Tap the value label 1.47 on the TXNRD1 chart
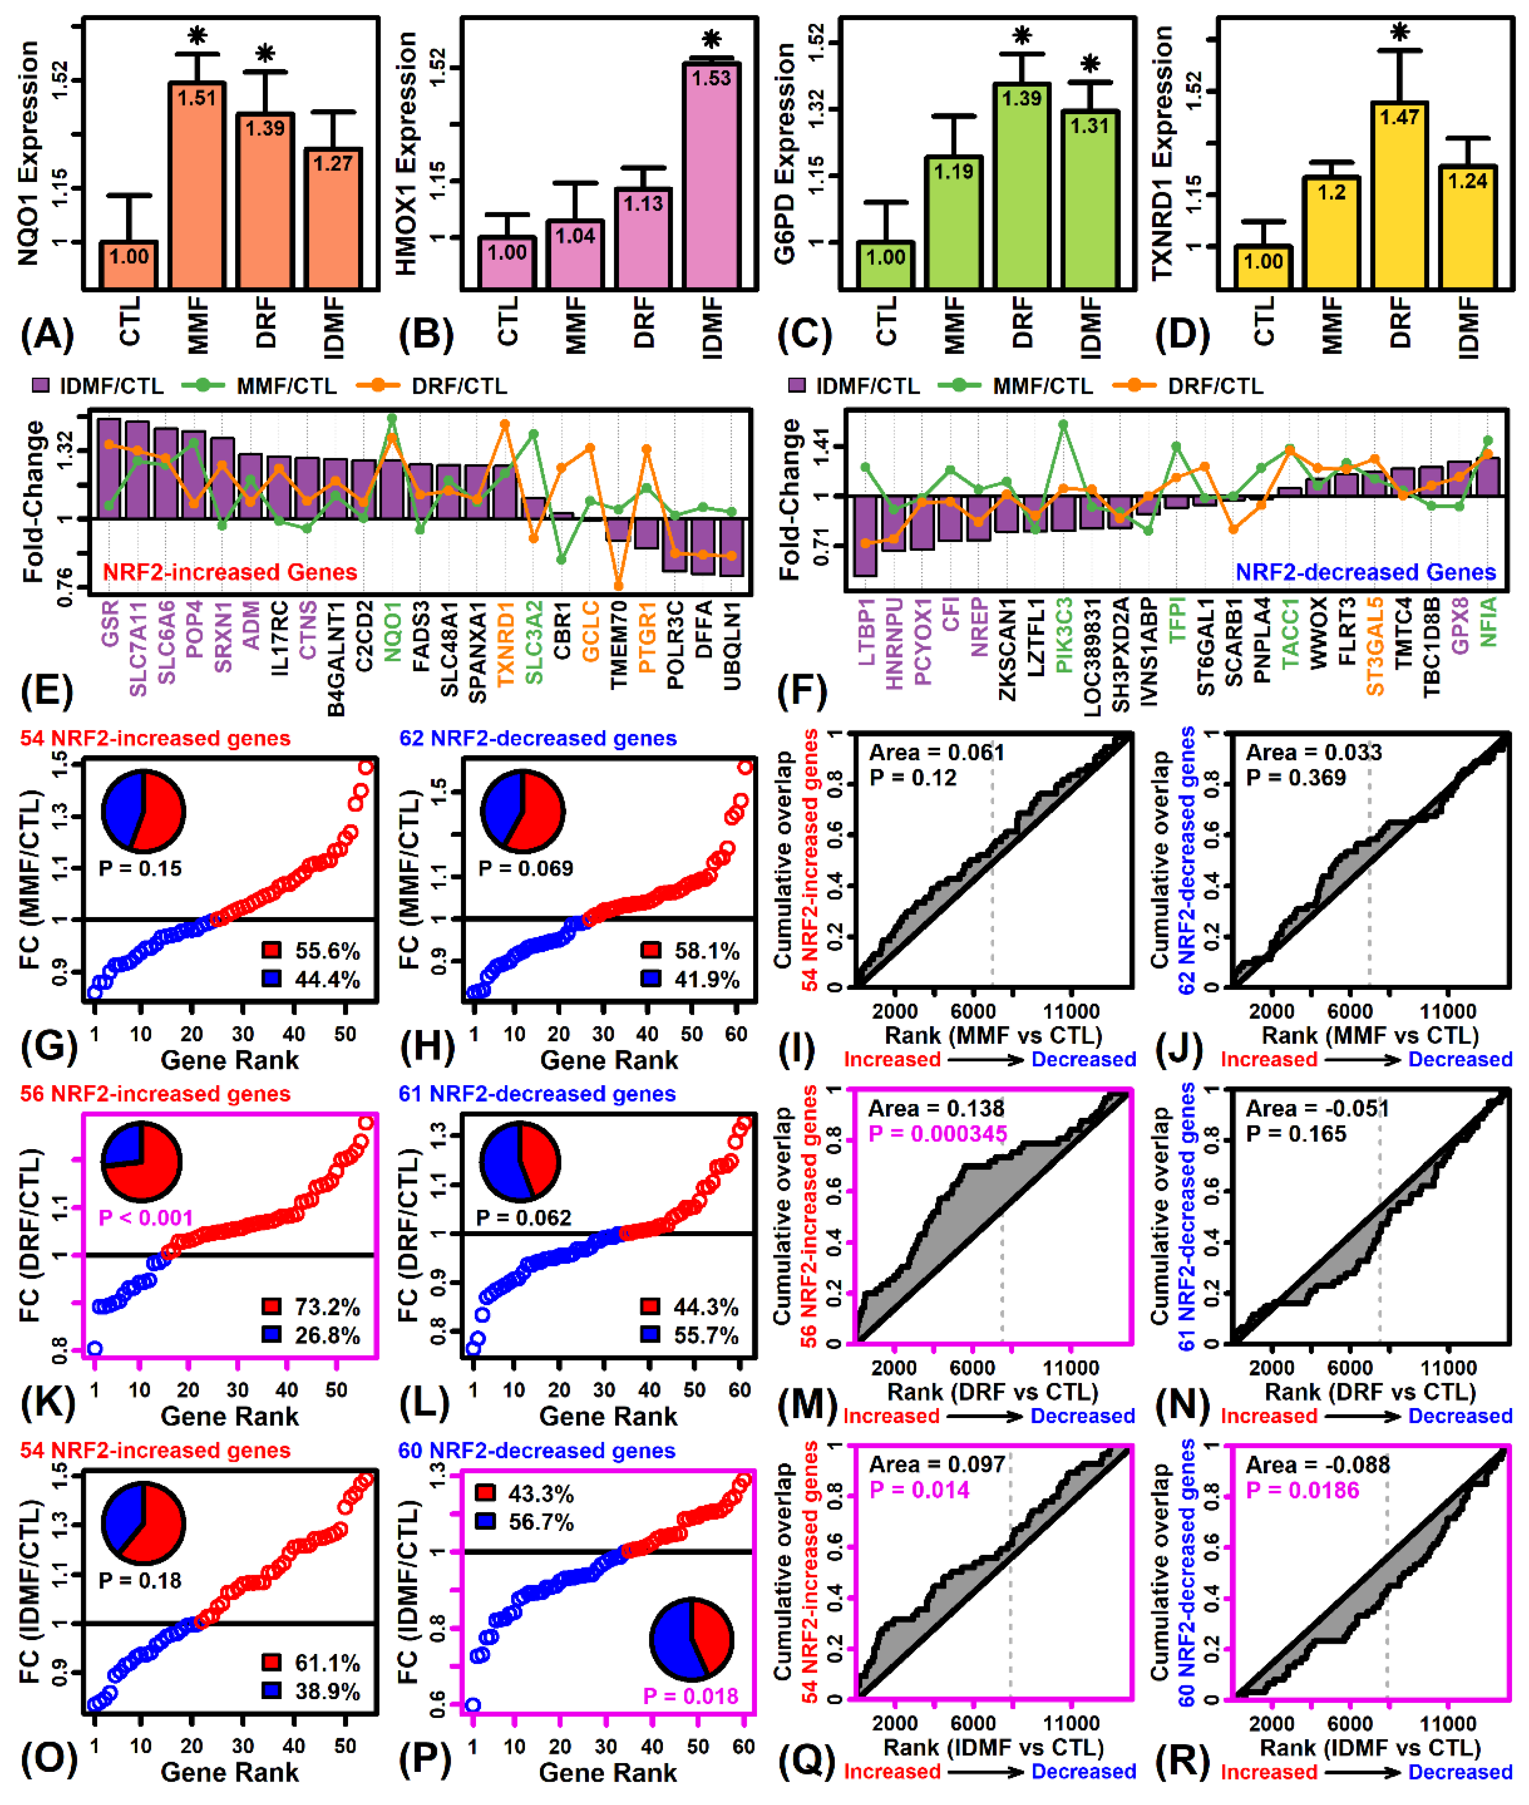pos(1399,117)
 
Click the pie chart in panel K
pos(142,1162)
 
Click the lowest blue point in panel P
pos(472,1706)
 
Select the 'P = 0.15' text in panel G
pos(140,868)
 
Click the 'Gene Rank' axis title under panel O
pos(230,1772)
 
